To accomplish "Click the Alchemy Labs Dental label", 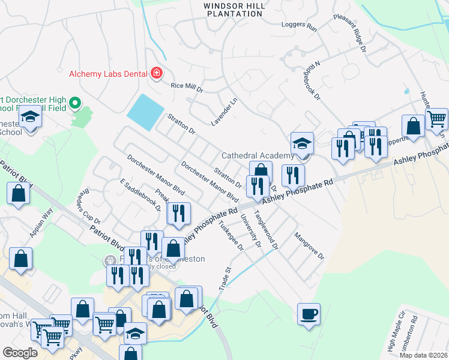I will pos(108,74).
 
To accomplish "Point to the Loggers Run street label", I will pos(299,26).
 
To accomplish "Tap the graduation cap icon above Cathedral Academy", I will pos(303,143).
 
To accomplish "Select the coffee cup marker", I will pos(309,314).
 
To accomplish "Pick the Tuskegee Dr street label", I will pos(232,234).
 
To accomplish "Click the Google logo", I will pos(20,353).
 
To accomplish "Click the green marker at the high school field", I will pos(75,104).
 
